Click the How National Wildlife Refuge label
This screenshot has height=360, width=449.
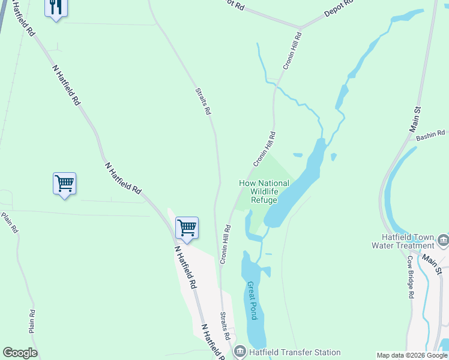click(264, 191)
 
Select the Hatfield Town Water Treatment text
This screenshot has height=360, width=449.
click(402, 241)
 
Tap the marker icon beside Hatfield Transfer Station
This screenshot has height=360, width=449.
click(240, 352)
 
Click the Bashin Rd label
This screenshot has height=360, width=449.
click(432, 136)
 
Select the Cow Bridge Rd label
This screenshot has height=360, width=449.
click(411, 277)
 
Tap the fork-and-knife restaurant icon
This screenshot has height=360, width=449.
click(56, 7)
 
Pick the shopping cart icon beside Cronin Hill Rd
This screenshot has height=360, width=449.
click(187, 227)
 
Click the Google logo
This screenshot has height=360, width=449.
click(20, 353)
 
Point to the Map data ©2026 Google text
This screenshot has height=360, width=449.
click(412, 355)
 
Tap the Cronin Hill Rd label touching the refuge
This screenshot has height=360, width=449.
click(264, 149)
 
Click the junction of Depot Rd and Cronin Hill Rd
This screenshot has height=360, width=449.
click(300, 28)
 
